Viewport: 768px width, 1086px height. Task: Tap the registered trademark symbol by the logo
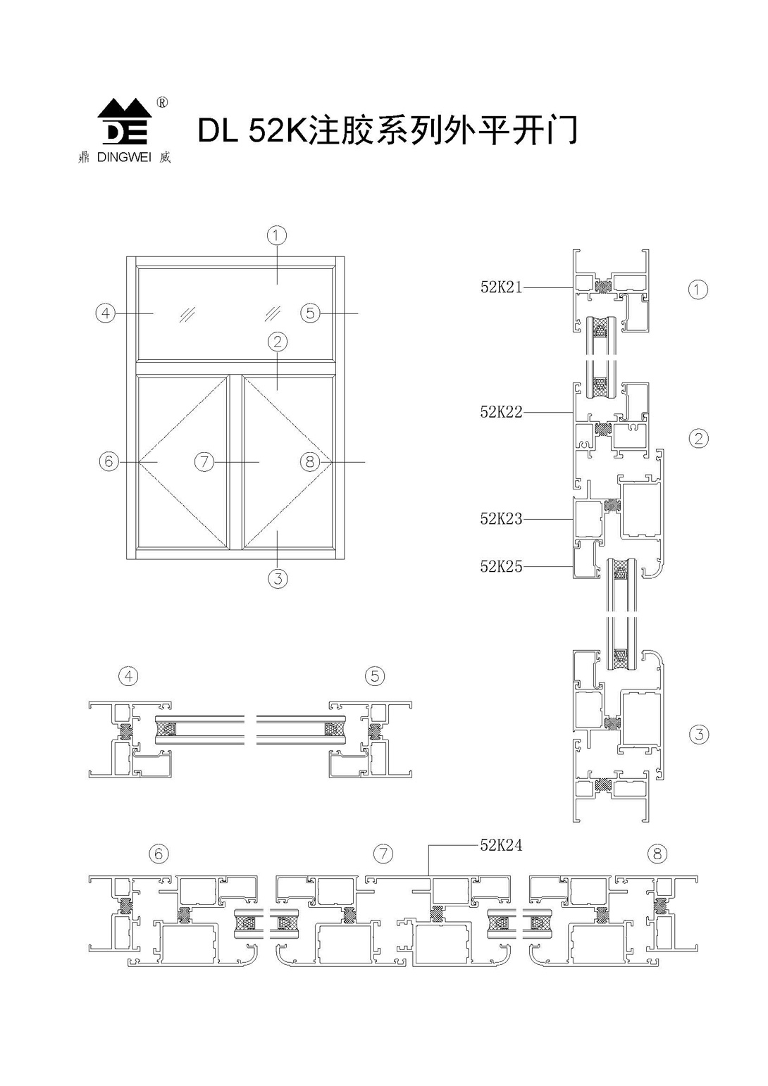pos(162,103)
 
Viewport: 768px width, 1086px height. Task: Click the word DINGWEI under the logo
pos(123,158)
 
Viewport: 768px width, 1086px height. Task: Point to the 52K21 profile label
pos(501,287)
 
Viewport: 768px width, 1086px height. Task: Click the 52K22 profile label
pos(501,413)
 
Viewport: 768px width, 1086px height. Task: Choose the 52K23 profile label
pos(501,519)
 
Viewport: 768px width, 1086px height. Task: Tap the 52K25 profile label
pos(501,566)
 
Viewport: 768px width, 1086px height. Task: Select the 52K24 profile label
pos(501,845)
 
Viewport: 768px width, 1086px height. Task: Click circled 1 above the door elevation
pos(277,235)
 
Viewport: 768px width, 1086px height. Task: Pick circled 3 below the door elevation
pos(278,579)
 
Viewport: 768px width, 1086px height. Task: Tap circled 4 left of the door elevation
pos(106,313)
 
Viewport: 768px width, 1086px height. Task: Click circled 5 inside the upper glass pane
pos(311,313)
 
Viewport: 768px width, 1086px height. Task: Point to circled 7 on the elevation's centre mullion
pos(204,462)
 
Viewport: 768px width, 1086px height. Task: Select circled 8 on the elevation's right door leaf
pos(310,462)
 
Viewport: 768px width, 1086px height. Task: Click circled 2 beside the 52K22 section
pos(698,438)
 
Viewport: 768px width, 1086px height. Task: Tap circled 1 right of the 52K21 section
pos(698,289)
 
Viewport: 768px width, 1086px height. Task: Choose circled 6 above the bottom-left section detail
pos(159,854)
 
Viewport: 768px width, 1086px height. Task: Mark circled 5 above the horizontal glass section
pos(375,676)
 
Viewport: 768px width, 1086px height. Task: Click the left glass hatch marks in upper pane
pos(187,314)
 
